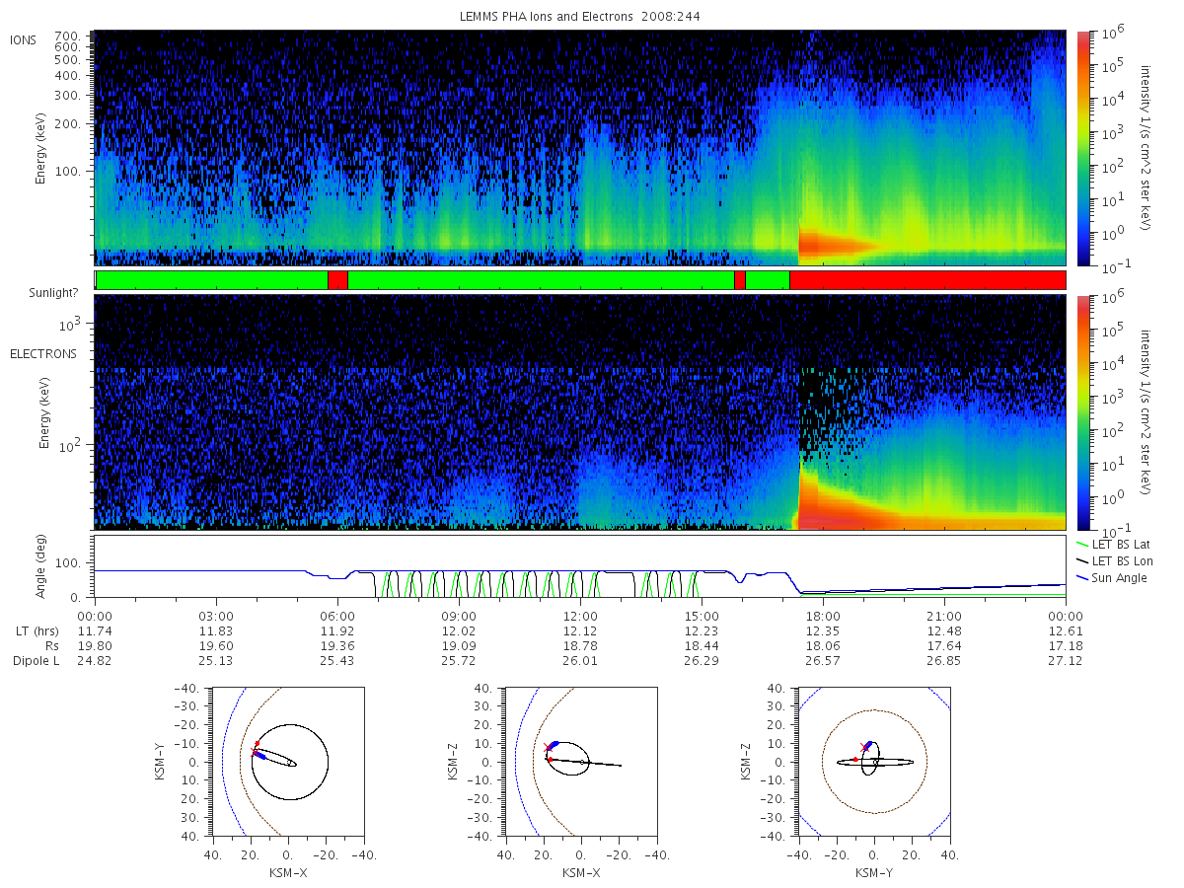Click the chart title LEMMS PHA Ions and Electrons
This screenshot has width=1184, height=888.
546,17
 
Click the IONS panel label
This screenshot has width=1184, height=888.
23,40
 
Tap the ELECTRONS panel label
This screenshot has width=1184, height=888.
43,353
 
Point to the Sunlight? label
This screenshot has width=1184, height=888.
53,293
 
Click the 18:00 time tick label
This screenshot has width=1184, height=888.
823,617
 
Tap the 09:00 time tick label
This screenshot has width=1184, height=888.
459,617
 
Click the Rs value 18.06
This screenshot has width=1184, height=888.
823,646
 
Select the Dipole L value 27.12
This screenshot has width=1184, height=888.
1066,660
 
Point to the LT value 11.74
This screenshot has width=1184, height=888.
95,630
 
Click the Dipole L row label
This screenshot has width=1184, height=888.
36,661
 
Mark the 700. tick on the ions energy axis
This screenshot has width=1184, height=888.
67,37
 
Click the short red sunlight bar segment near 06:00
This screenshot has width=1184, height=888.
337,280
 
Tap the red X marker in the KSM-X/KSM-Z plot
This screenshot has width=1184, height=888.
548,747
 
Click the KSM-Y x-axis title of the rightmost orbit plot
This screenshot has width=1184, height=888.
874,873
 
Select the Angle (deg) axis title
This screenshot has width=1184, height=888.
40,566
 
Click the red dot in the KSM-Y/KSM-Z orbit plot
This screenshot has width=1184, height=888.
855,759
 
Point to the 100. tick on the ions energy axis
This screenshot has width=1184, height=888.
67,172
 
